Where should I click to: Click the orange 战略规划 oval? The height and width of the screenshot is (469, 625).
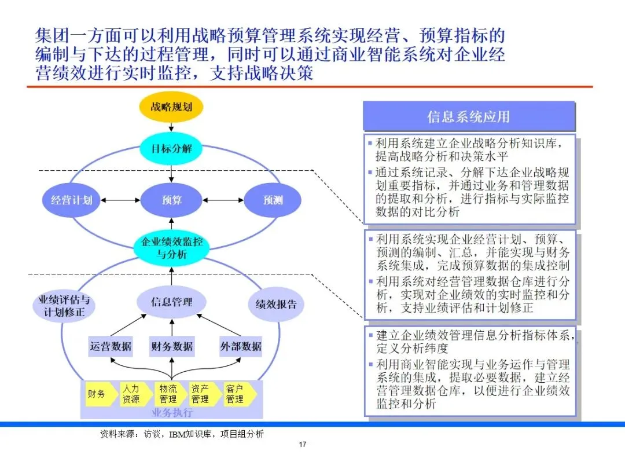[x=171, y=107]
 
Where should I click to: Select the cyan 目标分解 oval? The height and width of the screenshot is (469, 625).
[x=171, y=148]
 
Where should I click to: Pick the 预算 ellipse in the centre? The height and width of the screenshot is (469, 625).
[x=171, y=200]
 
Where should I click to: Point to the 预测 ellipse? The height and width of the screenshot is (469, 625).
[x=273, y=200]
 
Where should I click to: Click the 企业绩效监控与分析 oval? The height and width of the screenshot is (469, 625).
[x=172, y=248]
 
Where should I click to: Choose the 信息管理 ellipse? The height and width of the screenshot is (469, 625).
[x=171, y=302]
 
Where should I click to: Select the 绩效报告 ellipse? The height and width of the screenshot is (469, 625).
[x=276, y=304]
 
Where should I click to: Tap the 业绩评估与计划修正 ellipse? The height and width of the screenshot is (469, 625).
[x=64, y=306]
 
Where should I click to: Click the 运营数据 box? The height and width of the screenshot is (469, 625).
[x=111, y=346]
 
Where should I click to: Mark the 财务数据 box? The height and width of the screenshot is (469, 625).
[x=171, y=346]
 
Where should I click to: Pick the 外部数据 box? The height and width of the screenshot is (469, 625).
[x=241, y=346]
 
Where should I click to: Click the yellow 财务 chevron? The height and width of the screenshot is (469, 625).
[x=98, y=394]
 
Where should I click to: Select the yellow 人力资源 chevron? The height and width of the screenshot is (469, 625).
[x=133, y=394]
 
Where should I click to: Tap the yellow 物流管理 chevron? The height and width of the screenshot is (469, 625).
[x=168, y=394]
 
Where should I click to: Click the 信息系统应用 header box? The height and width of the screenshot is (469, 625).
[x=468, y=116]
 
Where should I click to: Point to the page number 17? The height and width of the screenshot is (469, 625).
[x=302, y=445]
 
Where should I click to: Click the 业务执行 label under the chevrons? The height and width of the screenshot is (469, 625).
[x=171, y=412]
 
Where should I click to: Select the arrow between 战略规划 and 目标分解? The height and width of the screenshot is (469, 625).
[x=171, y=127]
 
